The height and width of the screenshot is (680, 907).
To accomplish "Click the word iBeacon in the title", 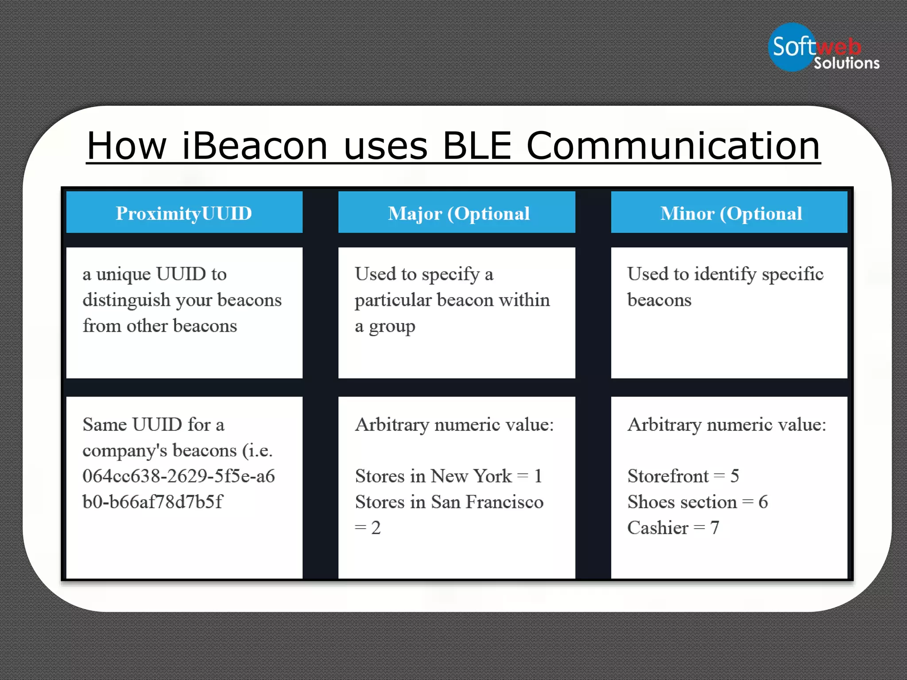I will tap(255, 146).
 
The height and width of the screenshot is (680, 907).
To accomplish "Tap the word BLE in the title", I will tap(477, 146).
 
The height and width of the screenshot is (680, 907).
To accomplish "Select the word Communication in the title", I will tap(673, 146).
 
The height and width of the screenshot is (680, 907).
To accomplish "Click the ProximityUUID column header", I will tap(184, 213).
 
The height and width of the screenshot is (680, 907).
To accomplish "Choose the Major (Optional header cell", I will tap(458, 213).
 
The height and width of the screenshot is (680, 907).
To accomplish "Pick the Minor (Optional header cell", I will tap(731, 213).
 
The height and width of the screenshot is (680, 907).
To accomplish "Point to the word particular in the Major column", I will tap(393, 300).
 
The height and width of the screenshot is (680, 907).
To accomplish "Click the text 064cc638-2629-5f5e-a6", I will tap(178, 476).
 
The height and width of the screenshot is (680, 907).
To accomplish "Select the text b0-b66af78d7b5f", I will tap(152, 502).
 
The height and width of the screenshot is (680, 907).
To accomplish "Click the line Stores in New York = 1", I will tap(448, 476).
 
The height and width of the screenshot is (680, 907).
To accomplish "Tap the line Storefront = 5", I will tap(683, 476).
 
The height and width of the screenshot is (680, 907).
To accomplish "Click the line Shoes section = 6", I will tap(698, 502).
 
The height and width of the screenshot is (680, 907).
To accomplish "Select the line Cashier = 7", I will tap(673, 528).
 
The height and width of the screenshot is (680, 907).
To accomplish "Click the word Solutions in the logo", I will tap(846, 63).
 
